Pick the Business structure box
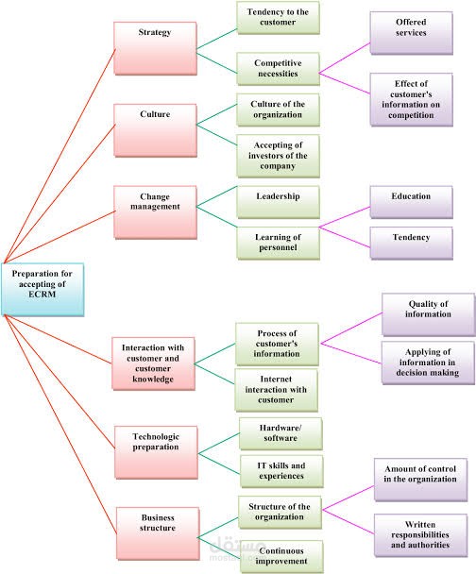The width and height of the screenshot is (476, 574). [158, 523]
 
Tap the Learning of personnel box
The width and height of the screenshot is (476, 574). [278, 241]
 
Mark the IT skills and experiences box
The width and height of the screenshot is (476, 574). [281, 469]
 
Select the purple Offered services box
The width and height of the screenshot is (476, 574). [412, 26]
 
